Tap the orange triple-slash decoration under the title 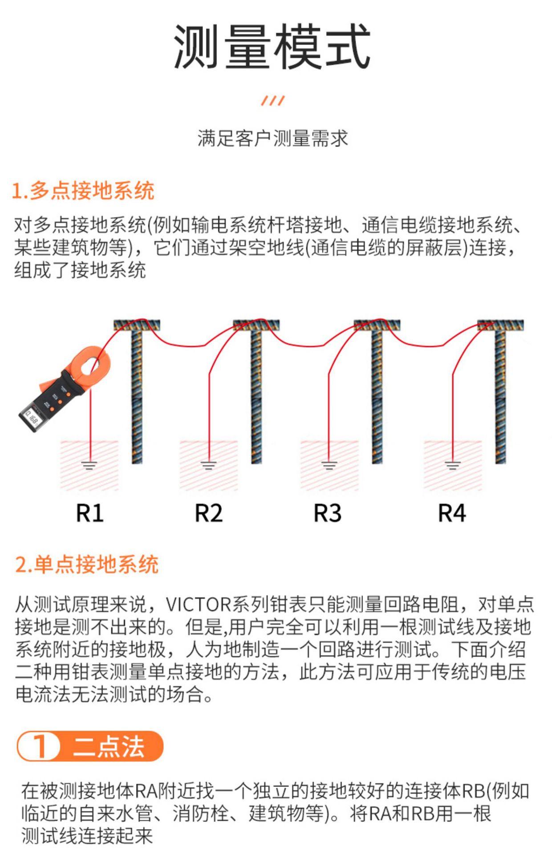pyautogui.click(x=273, y=101)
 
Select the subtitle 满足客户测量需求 pyautogui.click(x=272, y=138)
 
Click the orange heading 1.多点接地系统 pyautogui.click(x=83, y=191)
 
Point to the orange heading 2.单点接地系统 pyautogui.click(x=87, y=564)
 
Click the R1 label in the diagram pyautogui.click(x=89, y=513)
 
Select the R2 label pyautogui.click(x=208, y=513)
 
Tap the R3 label pyautogui.click(x=328, y=513)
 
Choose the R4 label pyautogui.click(x=452, y=513)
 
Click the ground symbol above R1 pyautogui.click(x=89, y=466)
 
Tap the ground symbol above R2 pyautogui.click(x=208, y=466)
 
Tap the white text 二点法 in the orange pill pyautogui.click(x=109, y=746)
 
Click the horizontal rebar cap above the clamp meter pyautogui.click(x=137, y=325)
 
